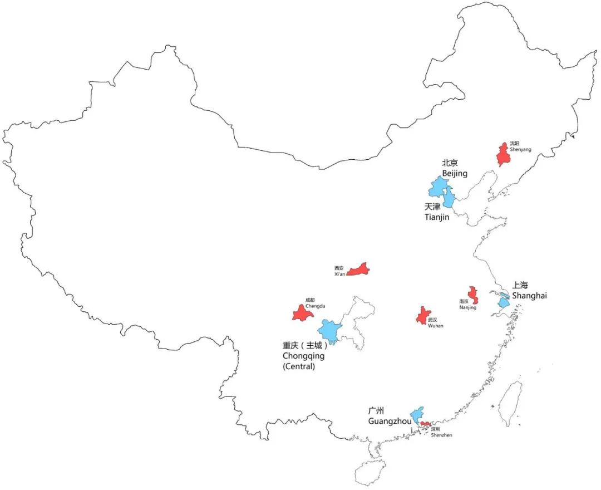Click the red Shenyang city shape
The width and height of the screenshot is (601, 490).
coord(505,155)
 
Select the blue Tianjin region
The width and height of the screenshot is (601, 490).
coord(449,199)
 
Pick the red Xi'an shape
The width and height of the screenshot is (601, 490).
coord(358,270)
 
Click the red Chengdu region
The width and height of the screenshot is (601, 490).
coord(302,313)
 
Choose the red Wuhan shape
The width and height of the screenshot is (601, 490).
coord(423,316)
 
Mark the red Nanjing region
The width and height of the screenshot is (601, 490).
coord(473,295)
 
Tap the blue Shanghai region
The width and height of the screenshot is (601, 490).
coord(503,302)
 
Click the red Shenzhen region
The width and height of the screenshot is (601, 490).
coord(425,424)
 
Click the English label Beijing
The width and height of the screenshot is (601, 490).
coord(455,174)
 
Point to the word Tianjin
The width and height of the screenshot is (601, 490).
coord(437,217)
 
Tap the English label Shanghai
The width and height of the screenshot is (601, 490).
coord(529,296)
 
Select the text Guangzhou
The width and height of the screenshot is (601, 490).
coord(390,421)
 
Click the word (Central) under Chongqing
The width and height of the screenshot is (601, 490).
coord(299,366)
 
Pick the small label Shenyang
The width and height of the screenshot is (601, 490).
coord(520,149)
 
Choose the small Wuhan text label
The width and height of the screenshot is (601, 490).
coord(435,326)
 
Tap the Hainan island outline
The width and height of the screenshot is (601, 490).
coord(369,472)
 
